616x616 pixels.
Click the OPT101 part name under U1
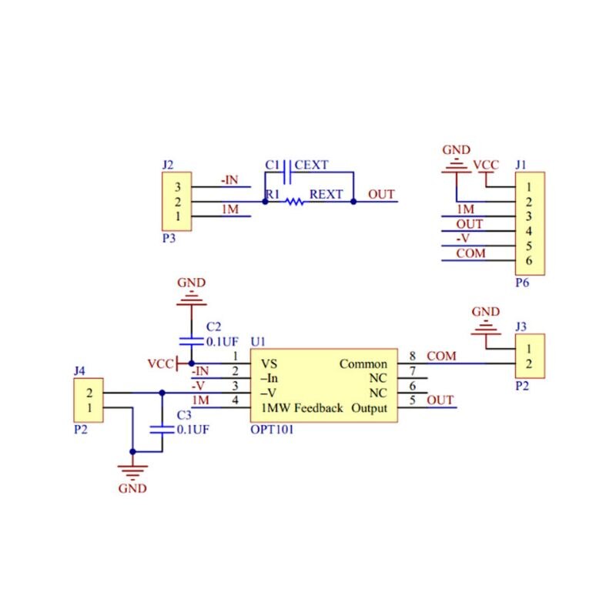(272, 430)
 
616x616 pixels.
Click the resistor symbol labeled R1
(293, 202)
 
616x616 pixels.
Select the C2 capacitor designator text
(213, 326)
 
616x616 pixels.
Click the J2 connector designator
(168, 165)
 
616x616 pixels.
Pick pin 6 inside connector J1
(529, 260)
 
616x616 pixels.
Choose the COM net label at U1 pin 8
(441, 357)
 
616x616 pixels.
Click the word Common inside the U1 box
(363, 364)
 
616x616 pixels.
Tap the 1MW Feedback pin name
(302, 408)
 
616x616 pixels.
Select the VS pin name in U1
(269, 364)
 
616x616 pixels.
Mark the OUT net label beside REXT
(381, 194)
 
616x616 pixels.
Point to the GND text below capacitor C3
(132, 488)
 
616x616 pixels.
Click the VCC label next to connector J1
(485, 166)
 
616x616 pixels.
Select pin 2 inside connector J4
(90, 393)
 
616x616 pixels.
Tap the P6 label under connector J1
(521, 283)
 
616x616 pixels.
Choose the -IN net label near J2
(229, 179)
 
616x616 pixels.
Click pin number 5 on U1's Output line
(413, 400)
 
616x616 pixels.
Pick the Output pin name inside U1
(369, 408)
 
